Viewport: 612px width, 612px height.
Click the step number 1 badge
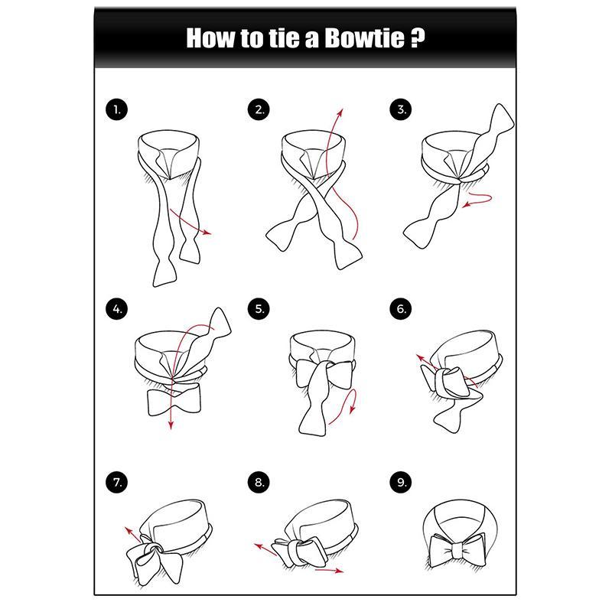click(x=117, y=109)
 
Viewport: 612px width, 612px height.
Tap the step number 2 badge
click(x=259, y=109)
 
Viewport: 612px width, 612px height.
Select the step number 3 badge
click(x=401, y=109)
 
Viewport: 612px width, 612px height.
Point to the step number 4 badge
click(x=117, y=309)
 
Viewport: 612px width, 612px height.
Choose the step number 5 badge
click(x=259, y=309)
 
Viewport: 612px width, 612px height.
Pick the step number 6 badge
click(x=401, y=309)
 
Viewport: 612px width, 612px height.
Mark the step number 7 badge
click(x=117, y=483)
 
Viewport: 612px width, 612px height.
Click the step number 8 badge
click(x=259, y=483)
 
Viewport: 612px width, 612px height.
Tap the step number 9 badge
click(x=401, y=483)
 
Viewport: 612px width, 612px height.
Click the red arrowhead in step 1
click(x=207, y=233)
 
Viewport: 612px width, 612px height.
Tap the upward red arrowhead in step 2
click(x=340, y=112)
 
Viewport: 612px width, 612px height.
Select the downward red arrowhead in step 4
click(x=171, y=425)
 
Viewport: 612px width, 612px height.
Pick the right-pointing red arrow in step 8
click(x=329, y=571)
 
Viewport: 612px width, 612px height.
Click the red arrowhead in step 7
click(x=129, y=531)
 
